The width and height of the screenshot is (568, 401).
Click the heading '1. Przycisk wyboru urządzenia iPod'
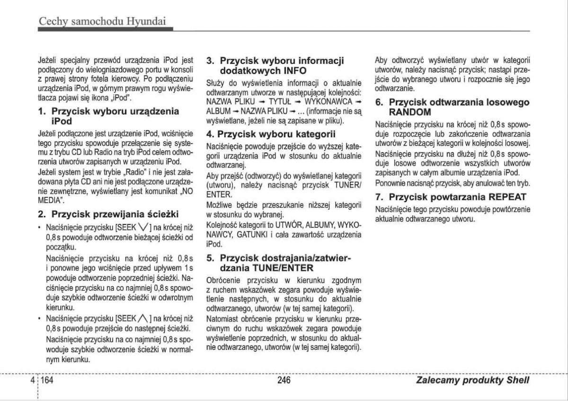[x=108, y=116]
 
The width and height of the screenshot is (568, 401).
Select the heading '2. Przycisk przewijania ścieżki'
[x=108, y=214]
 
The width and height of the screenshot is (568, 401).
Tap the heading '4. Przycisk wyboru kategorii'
[x=271, y=134]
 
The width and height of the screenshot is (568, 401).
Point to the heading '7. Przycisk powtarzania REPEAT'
[x=451, y=197]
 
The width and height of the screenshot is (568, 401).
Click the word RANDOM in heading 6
[x=410, y=112]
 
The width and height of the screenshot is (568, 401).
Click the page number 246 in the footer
[x=284, y=380]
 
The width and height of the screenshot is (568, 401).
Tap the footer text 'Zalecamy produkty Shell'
[x=473, y=380]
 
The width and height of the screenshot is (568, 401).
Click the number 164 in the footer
[x=47, y=380]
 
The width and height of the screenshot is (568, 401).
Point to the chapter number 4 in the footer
[x=32, y=380]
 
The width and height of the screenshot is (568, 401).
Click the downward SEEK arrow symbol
[x=144, y=227]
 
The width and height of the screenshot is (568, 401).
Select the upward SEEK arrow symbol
[x=144, y=319]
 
